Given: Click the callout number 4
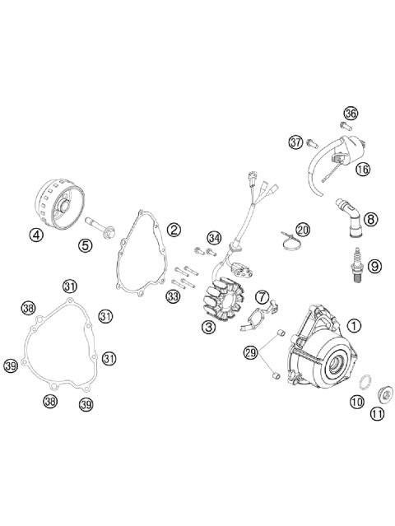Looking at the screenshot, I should click(36, 234).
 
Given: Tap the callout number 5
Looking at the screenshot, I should click(86, 244).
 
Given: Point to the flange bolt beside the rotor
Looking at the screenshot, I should click(100, 223).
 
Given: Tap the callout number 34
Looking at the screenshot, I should click(214, 238).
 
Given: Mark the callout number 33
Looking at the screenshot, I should click(173, 296).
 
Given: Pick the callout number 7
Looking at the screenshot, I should click(263, 296).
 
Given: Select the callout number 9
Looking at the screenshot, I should click(374, 266).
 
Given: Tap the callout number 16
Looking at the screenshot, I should click(363, 169).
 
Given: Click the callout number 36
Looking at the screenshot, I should click(351, 114).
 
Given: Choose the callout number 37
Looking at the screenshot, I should click(296, 142).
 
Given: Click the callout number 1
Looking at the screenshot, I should click(354, 325).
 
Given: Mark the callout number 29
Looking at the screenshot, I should click(251, 353).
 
